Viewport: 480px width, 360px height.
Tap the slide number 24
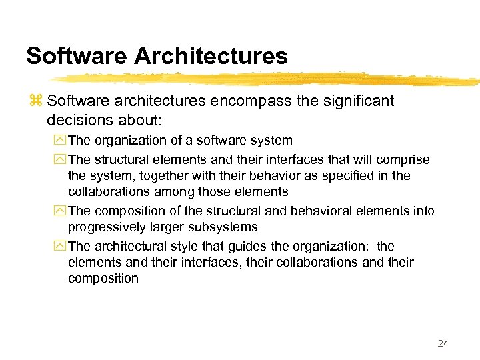pyautogui.click(x=443, y=343)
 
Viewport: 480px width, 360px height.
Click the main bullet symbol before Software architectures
pyautogui.click(x=35, y=101)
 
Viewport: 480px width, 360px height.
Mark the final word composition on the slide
pyautogui.click(x=103, y=279)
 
